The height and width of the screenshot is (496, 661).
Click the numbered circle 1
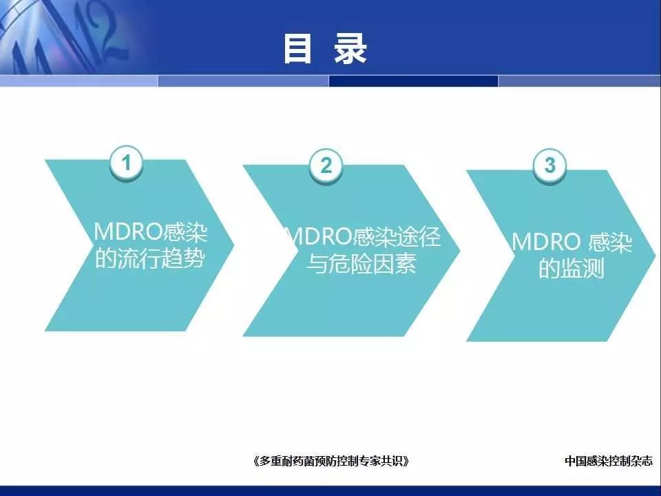126,163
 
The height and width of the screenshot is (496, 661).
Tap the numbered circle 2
326,165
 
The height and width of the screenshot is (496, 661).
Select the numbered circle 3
549,165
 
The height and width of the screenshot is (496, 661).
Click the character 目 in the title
297,49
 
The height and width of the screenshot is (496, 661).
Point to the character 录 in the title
350,49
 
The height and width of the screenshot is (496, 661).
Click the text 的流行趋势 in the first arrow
149,258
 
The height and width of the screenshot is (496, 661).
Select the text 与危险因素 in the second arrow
361,263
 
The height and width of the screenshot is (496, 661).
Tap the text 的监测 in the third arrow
571,268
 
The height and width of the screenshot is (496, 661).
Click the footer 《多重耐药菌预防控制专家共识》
331,461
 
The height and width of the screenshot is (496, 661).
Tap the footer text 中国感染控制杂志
608,461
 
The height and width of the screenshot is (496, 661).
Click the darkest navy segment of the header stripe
413,81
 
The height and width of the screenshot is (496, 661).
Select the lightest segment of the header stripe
78,81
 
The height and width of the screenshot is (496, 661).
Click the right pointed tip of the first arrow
233,245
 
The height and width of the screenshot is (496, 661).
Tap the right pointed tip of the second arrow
459,251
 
